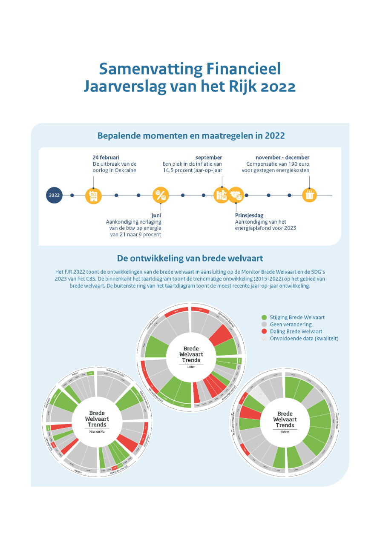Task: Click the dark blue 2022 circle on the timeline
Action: coord(54,195)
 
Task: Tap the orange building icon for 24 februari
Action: coord(93,195)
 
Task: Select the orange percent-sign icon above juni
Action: coord(161,195)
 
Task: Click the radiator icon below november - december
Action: coord(310,195)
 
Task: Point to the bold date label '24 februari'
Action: coord(106,158)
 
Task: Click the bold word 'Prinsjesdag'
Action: coord(249,216)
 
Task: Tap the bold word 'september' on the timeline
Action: coord(209,158)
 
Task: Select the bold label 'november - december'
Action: coord(282,158)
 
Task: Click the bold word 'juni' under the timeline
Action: coord(156,216)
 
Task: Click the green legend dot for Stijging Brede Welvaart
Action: coord(264,317)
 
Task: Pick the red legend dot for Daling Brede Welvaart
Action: coord(264,331)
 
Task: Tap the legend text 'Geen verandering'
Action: coord(291,324)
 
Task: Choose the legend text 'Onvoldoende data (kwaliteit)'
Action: coord(304,339)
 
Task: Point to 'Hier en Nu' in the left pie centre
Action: coord(97,431)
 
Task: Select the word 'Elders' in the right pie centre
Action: coord(285,431)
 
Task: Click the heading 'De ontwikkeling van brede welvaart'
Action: coord(190,258)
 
